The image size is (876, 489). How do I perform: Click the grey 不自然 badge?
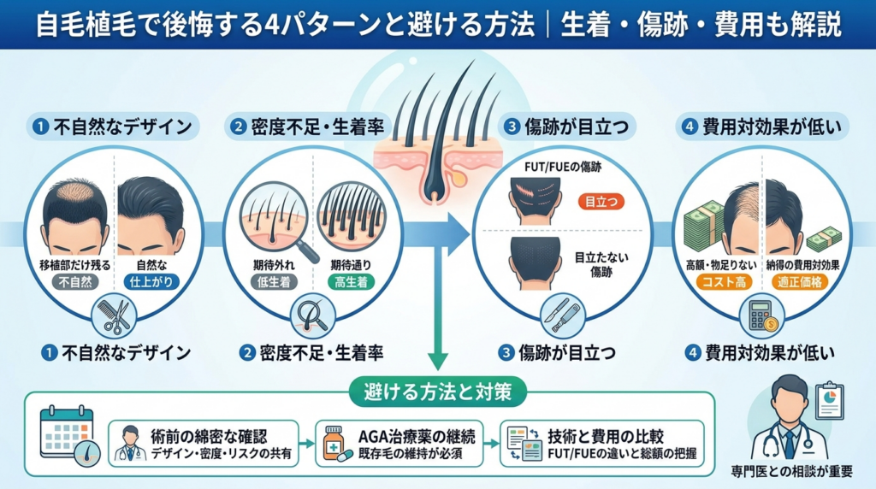point(75,282)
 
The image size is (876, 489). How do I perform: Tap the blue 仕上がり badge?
point(151,282)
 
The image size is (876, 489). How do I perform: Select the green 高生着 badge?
point(351,282)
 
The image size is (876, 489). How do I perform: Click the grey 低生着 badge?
point(274,282)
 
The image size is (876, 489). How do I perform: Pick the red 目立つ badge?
point(601,202)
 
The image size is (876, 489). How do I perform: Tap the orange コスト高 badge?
point(724,282)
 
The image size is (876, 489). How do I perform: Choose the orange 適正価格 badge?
point(800,282)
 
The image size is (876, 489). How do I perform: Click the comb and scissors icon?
point(114,316)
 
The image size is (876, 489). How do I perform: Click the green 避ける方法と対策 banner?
point(437,392)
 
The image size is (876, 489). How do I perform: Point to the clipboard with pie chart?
point(829,400)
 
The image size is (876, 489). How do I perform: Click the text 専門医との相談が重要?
point(791,472)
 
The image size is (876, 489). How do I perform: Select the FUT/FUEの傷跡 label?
point(563,167)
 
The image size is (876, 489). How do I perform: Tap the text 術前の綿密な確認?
point(209,436)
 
